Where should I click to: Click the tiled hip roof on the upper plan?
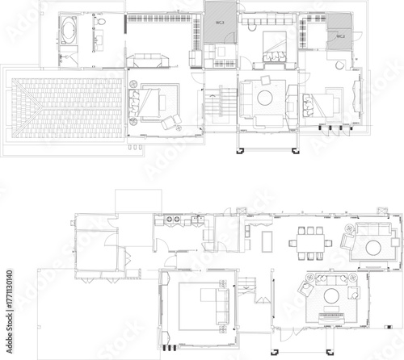coord(61,104)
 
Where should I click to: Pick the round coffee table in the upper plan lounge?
coord(265,98)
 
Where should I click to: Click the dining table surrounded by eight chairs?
coord(307,242)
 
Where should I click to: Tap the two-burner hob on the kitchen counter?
coord(173,220)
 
